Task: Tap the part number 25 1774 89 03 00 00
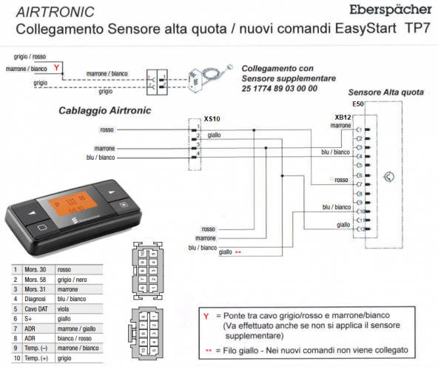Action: tap(280, 88)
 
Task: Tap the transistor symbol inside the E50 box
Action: tap(390, 177)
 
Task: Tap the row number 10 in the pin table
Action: tap(16, 357)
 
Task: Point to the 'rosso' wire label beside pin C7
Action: tap(340, 180)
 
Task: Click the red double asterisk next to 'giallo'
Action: tap(237, 252)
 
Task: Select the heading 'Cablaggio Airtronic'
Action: tap(104, 110)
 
